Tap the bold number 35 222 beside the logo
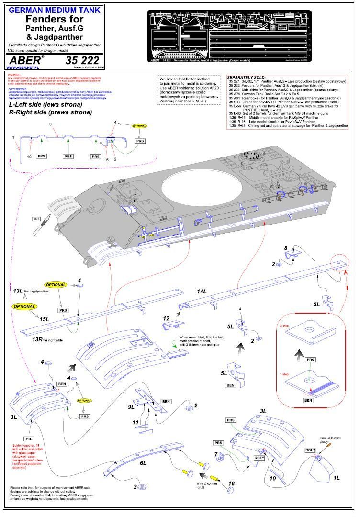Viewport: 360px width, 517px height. pos(82,60)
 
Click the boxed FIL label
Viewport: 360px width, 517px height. pos(28,438)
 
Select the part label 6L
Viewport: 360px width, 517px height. pos(143,464)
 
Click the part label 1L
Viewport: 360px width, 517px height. pos(337,477)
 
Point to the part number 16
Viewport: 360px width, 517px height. pos(231,484)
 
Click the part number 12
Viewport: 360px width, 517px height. pos(167,318)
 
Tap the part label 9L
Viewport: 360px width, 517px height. pos(132,407)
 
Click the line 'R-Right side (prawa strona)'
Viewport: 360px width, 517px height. pos(57,112)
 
